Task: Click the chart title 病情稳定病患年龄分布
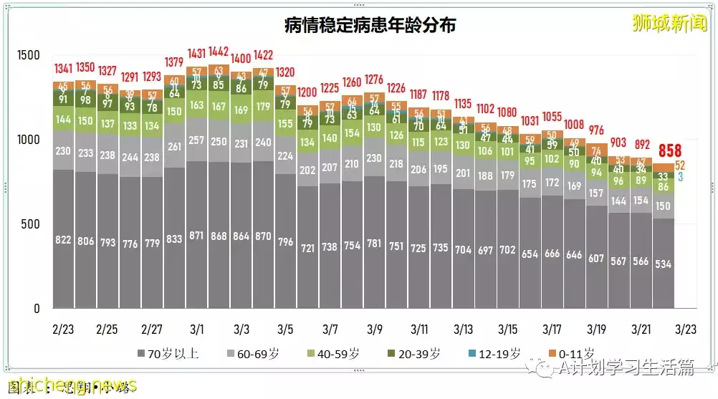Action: (370, 25)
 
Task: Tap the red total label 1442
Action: (219, 52)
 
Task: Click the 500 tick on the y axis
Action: (29, 224)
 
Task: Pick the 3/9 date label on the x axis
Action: (375, 330)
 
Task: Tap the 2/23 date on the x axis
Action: (64, 330)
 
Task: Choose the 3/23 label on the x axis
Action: (685, 330)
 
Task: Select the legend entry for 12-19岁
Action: (494, 354)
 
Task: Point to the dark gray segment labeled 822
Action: (64, 241)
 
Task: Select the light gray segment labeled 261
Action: (175, 147)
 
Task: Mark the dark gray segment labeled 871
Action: (197, 236)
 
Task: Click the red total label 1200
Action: (308, 92)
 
